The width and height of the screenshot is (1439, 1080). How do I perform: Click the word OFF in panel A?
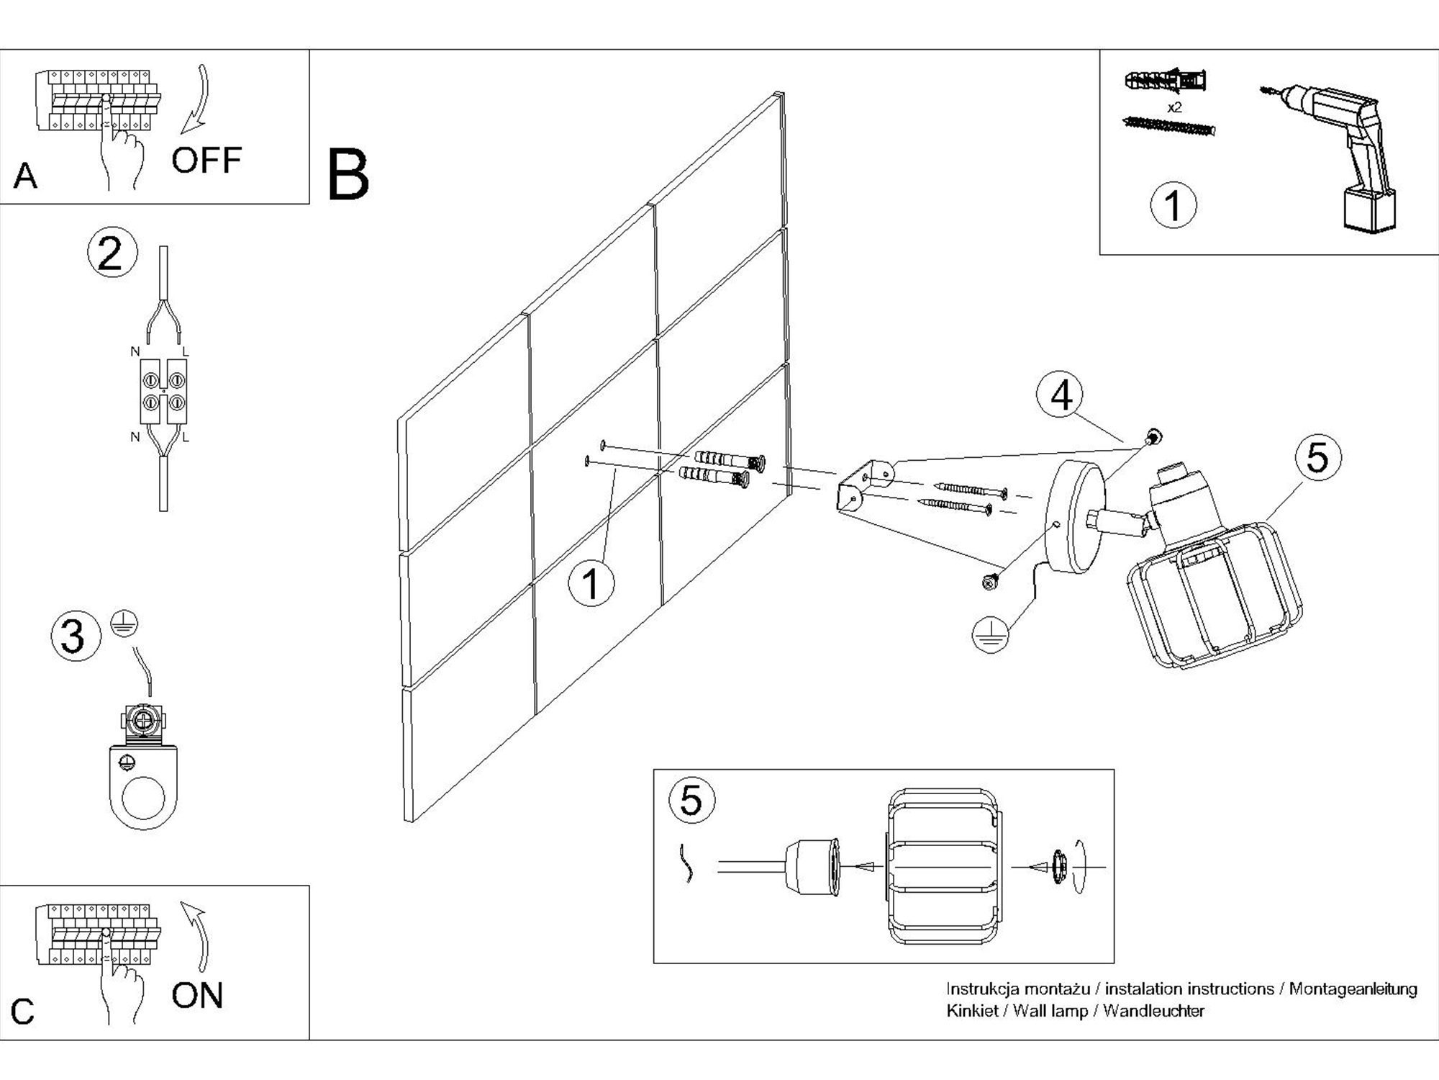206,160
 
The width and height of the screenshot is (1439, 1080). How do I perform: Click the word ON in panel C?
197,996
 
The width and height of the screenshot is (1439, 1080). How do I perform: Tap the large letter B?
348,175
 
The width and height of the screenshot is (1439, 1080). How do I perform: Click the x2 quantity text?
1174,108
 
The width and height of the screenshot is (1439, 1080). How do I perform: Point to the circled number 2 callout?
112,253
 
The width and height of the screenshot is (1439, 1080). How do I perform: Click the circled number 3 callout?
75,636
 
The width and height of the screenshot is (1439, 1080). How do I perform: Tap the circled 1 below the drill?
1174,205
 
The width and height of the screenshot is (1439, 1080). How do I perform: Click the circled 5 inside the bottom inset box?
691,800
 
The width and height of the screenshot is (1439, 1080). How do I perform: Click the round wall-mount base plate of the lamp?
1075,517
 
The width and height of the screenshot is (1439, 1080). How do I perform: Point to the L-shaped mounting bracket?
863,486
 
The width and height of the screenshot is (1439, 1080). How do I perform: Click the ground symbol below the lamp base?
990,634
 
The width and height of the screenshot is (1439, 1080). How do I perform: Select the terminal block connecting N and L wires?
163,391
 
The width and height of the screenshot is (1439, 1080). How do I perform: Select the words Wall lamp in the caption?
1050,1011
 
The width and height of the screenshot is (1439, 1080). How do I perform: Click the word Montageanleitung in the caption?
1353,989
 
